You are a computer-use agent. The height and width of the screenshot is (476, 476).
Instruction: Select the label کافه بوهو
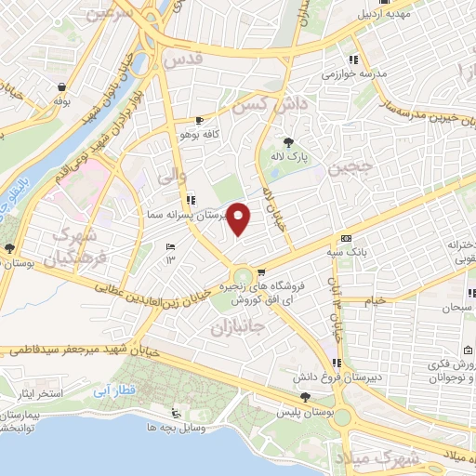(x=224, y=135)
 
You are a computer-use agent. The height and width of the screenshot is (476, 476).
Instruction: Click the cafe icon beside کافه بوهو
(x=199, y=121)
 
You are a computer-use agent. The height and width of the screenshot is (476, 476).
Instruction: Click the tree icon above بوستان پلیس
(x=280, y=397)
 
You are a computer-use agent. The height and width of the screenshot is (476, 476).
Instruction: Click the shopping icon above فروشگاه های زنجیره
(x=261, y=272)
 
